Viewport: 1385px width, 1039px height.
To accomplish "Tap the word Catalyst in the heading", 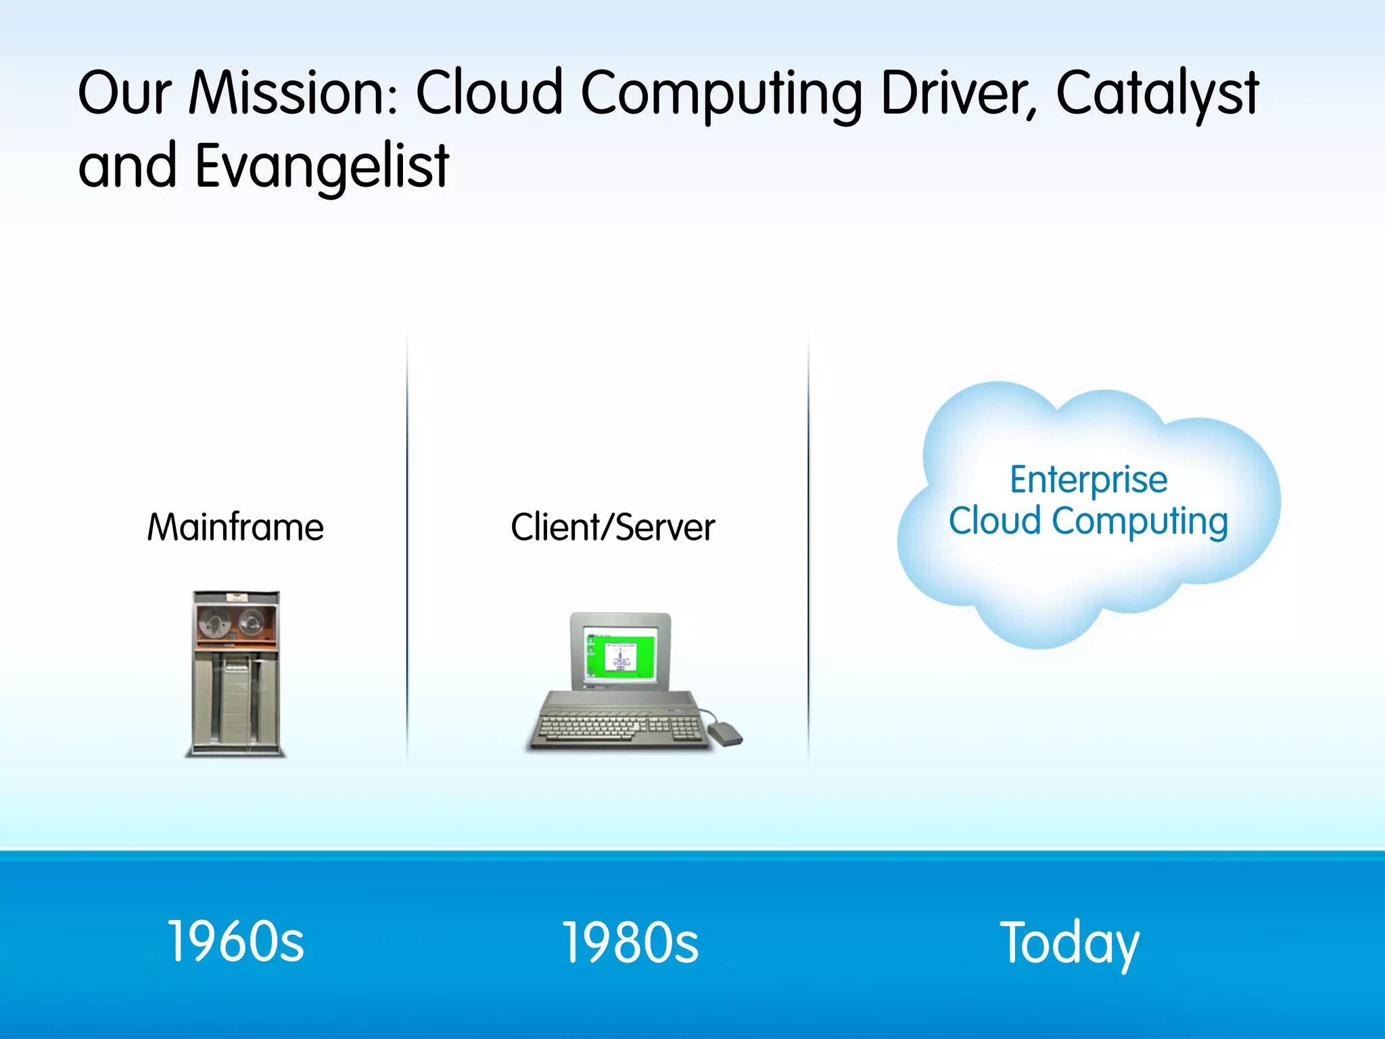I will (x=1156, y=93).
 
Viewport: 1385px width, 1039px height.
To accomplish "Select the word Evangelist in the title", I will (x=322, y=166).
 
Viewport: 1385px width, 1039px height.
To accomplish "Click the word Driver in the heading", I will (x=958, y=93).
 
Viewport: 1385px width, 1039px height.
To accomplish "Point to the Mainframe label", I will (x=235, y=528).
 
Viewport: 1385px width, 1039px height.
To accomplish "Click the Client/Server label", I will (x=612, y=528).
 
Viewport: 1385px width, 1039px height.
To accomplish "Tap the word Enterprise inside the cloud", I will (x=1088, y=480).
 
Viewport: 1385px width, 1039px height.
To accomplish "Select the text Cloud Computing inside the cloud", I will (x=1088, y=522).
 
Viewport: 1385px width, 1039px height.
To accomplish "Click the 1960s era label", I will (x=235, y=942).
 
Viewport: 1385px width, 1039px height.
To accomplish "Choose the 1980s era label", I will (x=630, y=942).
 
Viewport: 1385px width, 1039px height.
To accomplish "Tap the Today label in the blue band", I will (x=1069, y=942).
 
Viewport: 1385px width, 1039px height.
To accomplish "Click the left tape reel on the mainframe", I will (x=214, y=621).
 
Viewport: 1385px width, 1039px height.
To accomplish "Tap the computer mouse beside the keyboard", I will (x=726, y=733).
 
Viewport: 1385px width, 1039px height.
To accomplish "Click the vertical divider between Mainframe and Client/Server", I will (x=407, y=548).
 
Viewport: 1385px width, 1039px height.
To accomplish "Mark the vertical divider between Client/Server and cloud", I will (x=808, y=548).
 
